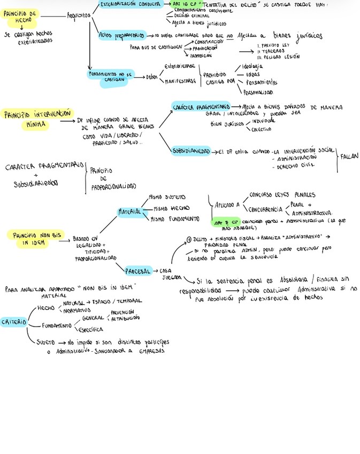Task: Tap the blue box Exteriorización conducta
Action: (x=130, y=4)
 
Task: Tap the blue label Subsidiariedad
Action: (x=191, y=151)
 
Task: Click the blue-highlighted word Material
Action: (x=129, y=211)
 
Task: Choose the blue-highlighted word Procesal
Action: (x=138, y=270)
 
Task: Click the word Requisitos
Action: (x=79, y=16)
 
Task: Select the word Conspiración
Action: (x=209, y=41)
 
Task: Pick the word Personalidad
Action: (x=258, y=92)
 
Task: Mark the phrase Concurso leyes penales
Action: (x=282, y=195)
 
